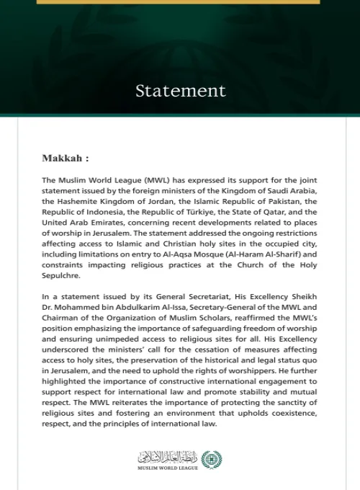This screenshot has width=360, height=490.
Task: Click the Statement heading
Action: pyautogui.click(x=180, y=91)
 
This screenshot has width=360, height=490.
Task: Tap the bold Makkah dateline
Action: pyautogui.click(x=66, y=158)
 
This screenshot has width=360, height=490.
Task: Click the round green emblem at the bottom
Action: pyautogui.click(x=212, y=459)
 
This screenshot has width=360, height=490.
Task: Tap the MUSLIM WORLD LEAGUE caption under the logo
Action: pyautogui.click(x=166, y=468)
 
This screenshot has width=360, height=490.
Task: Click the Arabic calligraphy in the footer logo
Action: pyautogui.click(x=166, y=457)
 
